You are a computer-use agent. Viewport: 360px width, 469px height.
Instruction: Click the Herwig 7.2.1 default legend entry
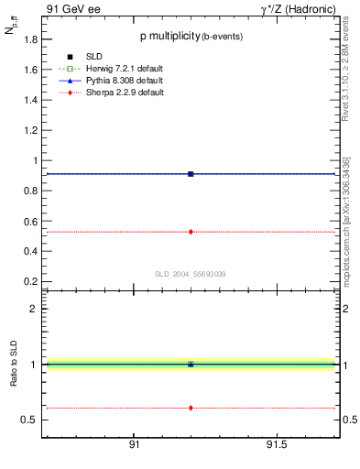coord(115,70)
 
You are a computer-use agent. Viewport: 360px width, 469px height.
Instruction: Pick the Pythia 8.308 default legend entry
coord(115,81)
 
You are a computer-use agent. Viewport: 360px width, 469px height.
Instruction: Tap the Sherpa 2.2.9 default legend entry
coord(115,93)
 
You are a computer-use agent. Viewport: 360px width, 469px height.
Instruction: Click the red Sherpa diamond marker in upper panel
coord(191,232)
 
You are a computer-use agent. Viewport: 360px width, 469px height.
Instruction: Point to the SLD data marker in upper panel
coord(191,173)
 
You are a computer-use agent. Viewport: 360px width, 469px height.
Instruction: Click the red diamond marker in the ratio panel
coord(191,408)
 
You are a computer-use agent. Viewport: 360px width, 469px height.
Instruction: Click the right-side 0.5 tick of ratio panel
coord(349,420)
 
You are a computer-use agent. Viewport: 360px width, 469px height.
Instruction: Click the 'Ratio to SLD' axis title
coord(14,365)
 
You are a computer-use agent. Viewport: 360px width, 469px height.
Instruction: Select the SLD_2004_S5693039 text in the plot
coord(190,274)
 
